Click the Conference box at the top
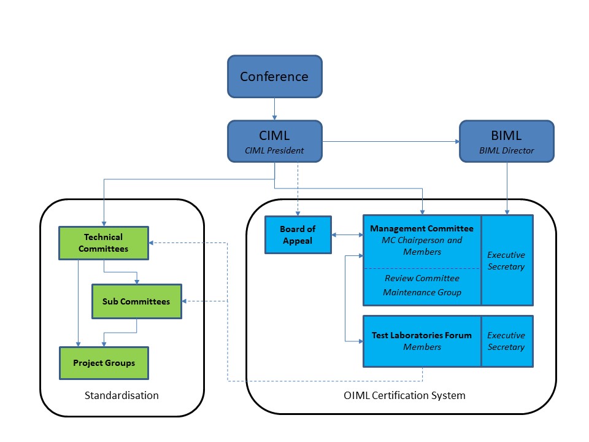pyautogui.click(x=274, y=77)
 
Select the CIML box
pyautogui.click(x=274, y=141)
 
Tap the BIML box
pyautogui.click(x=506, y=141)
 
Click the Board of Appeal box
pyautogui.click(x=298, y=235)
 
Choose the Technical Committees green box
pyautogui.click(x=104, y=242)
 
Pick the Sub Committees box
pyautogui.click(x=136, y=301)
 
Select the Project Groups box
pyautogui.click(x=104, y=363)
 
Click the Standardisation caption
pyautogui.click(x=121, y=395)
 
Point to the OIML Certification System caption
pyautogui.click(x=404, y=395)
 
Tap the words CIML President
pyautogui.click(x=274, y=150)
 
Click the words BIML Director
pyautogui.click(x=506, y=150)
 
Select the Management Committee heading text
pyautogui.click(x=422, y=229)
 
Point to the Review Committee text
pyautogui.click(x=422, y=278)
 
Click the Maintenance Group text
pyautogui.click(x=422, y=292)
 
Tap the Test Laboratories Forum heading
pyautogui.click(x=422, y=335)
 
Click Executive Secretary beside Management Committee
pyautogui.click(x=506, y=260)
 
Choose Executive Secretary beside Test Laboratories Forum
pyautogui.click(x=506, y=341)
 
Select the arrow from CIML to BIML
pyautogui.click(x=391, y=142)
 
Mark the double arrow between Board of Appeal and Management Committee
pyautogui.click(x=347, y=235)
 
